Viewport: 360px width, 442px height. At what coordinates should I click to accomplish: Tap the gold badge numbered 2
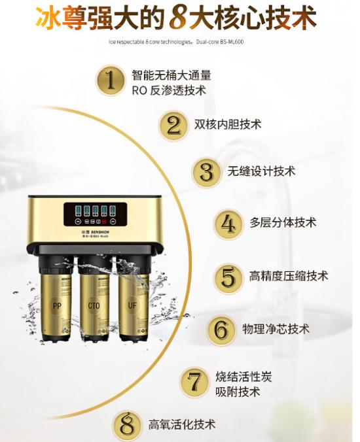click(173, 124)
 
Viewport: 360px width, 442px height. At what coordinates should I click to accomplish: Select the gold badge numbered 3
click(206, 172)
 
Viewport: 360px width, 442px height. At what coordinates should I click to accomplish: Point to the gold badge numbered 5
click(228, 277)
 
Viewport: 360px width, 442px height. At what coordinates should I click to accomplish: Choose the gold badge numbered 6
click(221, 329)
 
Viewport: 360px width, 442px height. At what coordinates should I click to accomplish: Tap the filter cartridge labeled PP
click(56, 308)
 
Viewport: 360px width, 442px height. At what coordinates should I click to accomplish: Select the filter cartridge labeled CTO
click(94, 308)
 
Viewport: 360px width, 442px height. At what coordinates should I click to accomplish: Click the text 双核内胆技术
click(228, 124)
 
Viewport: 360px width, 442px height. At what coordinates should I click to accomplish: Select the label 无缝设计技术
click(261, 171)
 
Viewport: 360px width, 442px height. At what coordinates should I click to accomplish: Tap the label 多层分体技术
click(282, 223)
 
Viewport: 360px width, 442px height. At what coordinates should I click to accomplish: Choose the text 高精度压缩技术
click(289, 276)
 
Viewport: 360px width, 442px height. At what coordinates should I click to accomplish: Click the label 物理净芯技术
click(276, 328)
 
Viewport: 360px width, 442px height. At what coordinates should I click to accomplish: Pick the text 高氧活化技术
click(182, 424)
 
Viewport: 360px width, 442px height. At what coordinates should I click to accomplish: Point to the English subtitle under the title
click(180, 44)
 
